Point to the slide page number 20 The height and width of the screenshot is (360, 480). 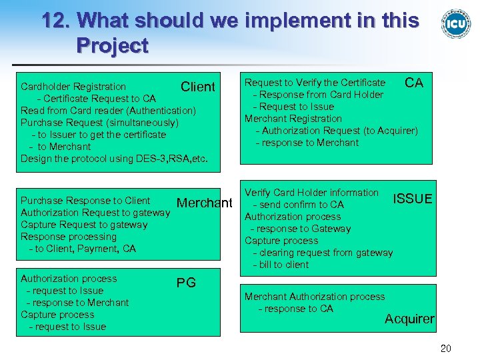tap(446, 348)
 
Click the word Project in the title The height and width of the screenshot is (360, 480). tap(112, 46)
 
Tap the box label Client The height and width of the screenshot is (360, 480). tap(198, 87)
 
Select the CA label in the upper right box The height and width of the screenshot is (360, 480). tap(414, 83)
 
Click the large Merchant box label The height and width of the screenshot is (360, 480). tap(205, 203)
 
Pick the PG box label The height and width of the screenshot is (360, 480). tap(186, 283)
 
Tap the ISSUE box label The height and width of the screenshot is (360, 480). tap(412, 199)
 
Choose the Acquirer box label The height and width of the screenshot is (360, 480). tap(409, 319)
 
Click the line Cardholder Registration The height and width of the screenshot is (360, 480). tap(73, 87)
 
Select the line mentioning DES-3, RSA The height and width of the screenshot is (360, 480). tap(115, 159)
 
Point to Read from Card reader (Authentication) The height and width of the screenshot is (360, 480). tap(109, 111)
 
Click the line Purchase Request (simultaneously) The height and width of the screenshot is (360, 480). tap(99, 123)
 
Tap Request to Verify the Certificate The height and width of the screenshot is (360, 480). tap(315, 83)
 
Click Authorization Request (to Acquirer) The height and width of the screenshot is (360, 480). tap(340, 131)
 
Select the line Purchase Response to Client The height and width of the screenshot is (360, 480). tap(85, 201)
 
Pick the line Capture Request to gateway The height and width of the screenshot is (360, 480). tap(84, 225)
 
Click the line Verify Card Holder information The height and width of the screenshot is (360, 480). tap(311, 193)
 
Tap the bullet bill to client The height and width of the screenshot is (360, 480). tap(281, 265)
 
